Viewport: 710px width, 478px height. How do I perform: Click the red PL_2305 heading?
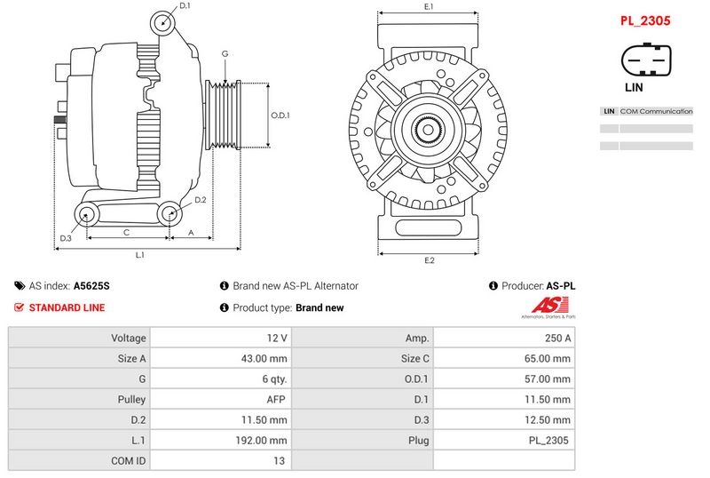click(644, 20)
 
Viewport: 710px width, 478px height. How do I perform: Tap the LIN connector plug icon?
click(644, 61)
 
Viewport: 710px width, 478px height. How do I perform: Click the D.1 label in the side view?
click(185, 6)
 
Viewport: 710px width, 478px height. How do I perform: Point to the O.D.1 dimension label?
click(280, 115)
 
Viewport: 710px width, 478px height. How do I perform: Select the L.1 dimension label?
click(139, 255)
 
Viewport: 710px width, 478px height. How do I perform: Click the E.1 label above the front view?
click(429, 7)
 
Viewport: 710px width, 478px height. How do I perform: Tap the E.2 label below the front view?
click(429, 260)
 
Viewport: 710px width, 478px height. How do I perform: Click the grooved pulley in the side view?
click(224, 115)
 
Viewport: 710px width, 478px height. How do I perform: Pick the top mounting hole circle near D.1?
click(162, 23)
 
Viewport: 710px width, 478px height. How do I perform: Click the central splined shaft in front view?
click(429, 131)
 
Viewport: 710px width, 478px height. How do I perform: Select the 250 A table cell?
click(503, 338)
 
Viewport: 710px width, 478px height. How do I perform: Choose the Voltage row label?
click(79, 338)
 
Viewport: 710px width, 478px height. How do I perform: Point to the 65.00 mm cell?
click(503, 358)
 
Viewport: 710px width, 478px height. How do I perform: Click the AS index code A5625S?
click(91, 286)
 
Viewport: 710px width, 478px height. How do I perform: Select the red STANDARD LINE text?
click(67, 307)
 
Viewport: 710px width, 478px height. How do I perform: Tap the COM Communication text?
click(656, 111)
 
